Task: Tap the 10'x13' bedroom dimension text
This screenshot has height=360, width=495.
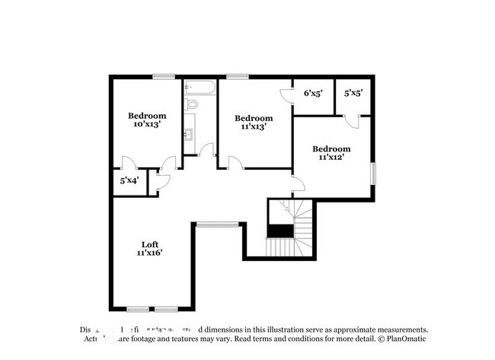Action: pyautogui.click(x=147, y=124)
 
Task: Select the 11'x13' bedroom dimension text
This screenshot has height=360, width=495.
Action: pyautogui.click(x=254, y=127)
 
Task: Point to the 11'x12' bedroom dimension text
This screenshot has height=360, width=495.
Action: pyautogui.click(x=332, y=157)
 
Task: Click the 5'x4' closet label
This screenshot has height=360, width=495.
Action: pyautogui.click(x=129, y=181)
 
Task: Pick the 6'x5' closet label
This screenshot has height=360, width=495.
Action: pyautogui.click(x=313, y=94)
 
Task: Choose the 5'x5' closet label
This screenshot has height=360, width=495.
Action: pyautogui.click(x=353, y=94)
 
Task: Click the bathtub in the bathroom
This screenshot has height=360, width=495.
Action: pyautogui.click(x=199, y=85)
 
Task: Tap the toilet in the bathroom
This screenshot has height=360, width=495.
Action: pyautogui.click(x=192, y=104)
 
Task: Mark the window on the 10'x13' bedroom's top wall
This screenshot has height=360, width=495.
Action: pyautogui.click(x=163, y=75)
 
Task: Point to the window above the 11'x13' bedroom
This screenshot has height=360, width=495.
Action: pyautogui.click(x=238, y=75)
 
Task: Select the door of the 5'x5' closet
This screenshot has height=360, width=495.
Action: pyautogui.click(x=351, y=121)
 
